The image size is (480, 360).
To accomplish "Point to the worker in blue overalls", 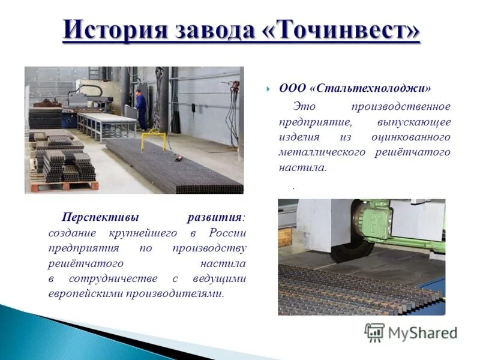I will click(141, 108).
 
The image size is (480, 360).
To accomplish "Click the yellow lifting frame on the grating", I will click(153, 142).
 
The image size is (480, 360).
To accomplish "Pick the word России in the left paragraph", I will click(227, 232).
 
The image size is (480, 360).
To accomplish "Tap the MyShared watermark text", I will click(423, 332).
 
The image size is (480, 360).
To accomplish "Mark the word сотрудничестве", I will click(113, 278).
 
